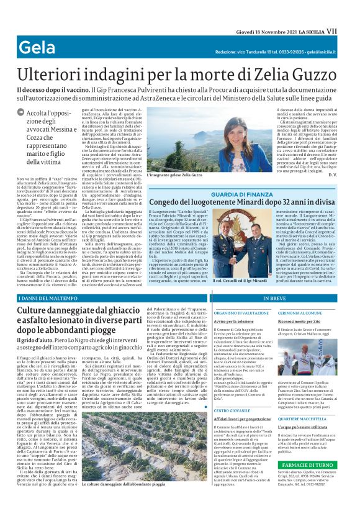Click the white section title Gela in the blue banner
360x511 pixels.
[37, 47]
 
